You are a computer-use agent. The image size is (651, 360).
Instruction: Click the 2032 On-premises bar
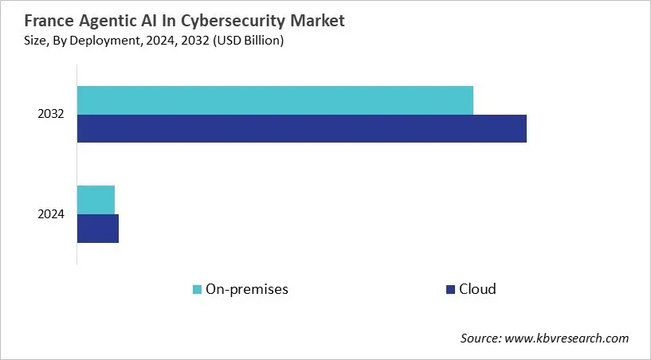click(x=275, y=100)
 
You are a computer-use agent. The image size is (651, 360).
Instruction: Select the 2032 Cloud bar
click(x=301, y=128)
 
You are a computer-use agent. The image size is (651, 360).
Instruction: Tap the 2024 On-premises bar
click(x=96, y=199)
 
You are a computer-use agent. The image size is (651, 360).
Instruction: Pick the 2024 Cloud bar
click(x=97, y=228)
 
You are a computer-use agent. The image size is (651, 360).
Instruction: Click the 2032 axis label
click(x=51, y=115)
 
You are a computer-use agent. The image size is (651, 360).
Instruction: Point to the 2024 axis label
click(x=51, y=213)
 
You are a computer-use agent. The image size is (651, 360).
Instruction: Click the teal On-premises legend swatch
click(x=197, y=289)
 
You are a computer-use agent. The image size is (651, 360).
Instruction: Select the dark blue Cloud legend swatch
click(x=450, y=289)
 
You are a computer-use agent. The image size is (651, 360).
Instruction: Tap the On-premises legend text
click(x=246, y=289)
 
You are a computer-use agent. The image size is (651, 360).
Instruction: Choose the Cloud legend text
click(x=477, y=289)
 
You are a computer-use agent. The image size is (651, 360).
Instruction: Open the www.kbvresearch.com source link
click(x=567, y=338)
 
